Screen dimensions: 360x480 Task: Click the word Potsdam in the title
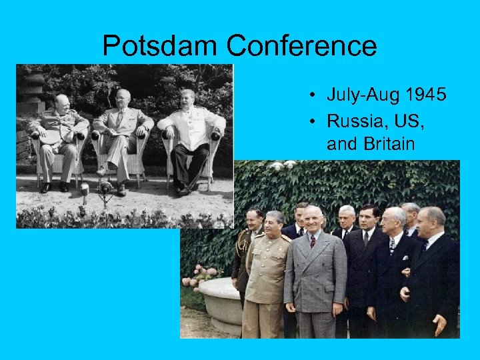tap(160, 46)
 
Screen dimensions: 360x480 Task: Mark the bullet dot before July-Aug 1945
tap(312, 95)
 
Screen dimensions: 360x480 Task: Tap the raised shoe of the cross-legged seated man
tap(102, 171)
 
